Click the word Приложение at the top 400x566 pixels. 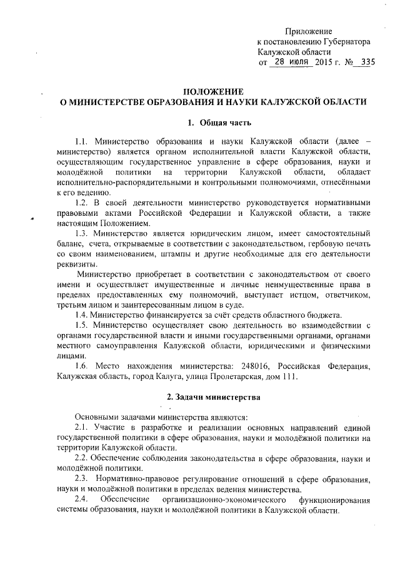click(308, 31)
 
